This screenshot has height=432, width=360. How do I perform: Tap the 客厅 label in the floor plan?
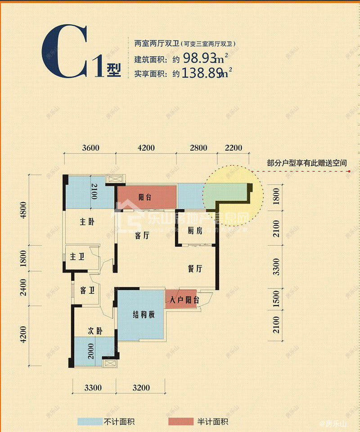point(142,235)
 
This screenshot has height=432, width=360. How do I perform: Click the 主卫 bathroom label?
point(77,257)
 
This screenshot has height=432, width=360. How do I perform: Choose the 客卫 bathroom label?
point(87,290)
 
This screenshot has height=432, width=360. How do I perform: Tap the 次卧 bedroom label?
point(94,331)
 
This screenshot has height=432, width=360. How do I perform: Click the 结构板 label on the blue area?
point(144,315)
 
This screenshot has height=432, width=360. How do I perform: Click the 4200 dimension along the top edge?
point(146,148)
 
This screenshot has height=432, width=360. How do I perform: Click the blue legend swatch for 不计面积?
point(90,422)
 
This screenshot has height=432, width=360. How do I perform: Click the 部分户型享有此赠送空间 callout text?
point(307,163)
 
